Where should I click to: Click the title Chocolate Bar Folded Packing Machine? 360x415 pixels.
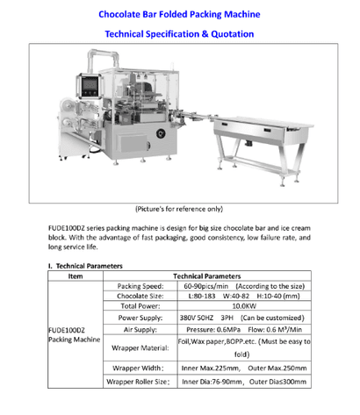(179, 15)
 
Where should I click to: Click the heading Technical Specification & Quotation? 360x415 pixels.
(179, 34)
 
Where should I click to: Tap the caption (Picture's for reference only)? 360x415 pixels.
(178, 209)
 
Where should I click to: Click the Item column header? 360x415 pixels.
(75, 275)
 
